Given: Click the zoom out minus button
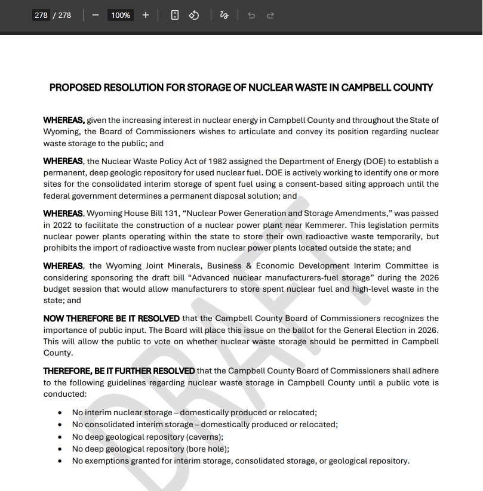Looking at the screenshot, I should tap(95, 15).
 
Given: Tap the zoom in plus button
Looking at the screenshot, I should tap(146, 15).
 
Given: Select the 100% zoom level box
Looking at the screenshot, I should tap(120, 15).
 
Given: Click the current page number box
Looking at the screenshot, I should tap(41, 15).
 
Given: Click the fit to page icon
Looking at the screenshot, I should tap(174, 15).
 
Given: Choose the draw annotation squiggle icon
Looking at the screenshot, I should tap(224, 15).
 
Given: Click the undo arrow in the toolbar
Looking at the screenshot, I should tap(251, 15).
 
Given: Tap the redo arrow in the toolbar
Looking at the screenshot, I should tap(270, 15).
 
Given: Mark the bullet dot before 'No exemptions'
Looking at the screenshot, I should tap(60, 461).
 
